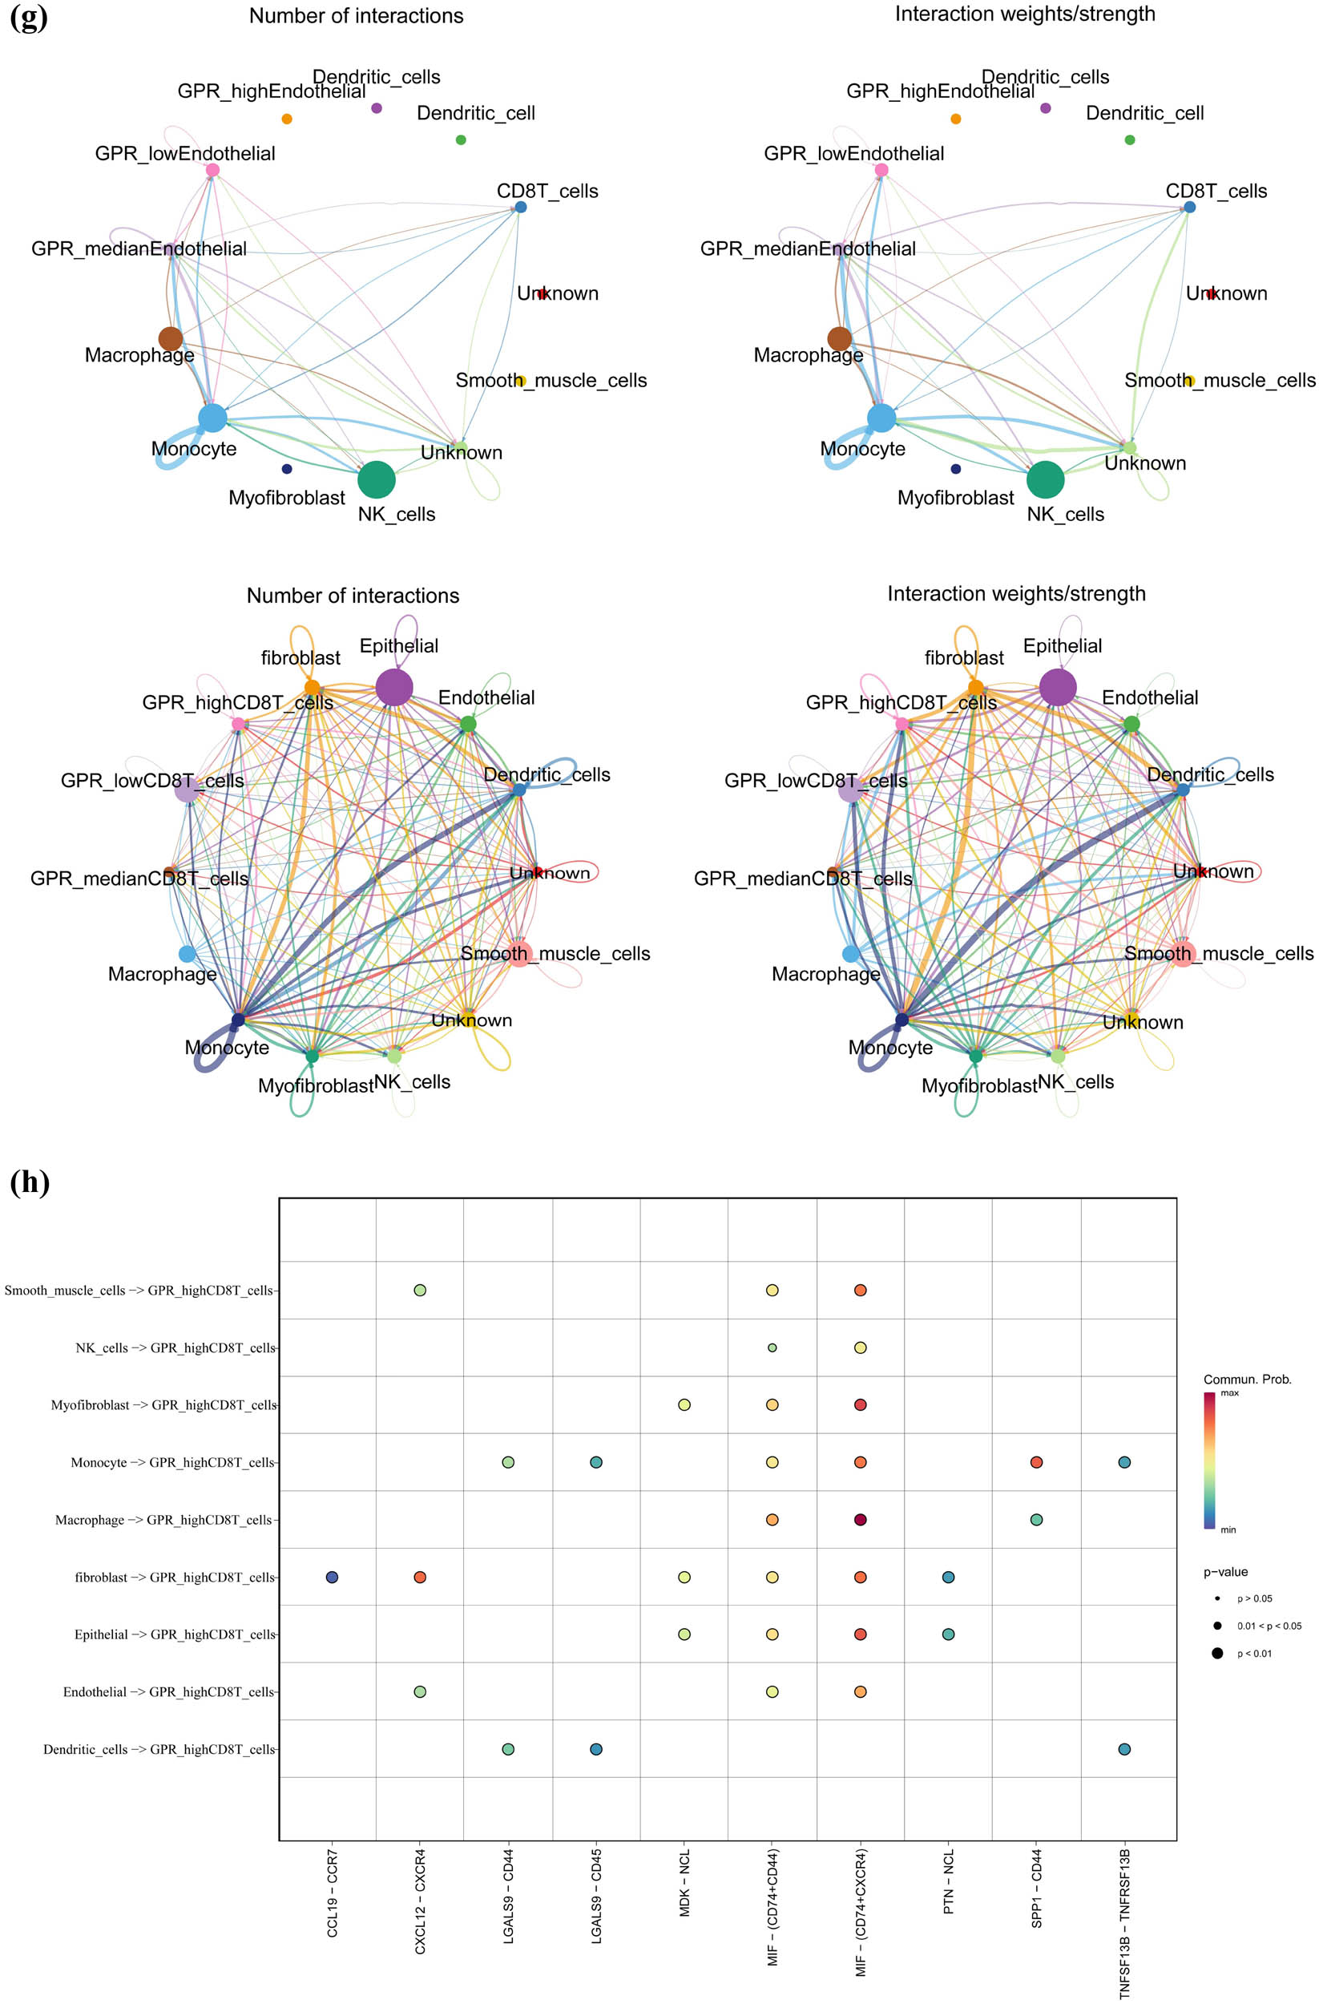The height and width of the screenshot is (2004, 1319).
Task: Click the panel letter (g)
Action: point(29,16)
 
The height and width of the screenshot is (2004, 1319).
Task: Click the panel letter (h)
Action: point(30,1182)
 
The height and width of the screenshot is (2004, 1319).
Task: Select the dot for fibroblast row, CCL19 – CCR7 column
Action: point(332,1576)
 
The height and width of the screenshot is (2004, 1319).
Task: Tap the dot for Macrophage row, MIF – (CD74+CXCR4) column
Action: point(859,1519)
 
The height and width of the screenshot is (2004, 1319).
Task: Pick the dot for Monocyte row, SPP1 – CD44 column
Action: point(1036,1462)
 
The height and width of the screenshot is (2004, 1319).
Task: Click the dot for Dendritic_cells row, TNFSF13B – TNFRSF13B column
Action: point(1123,1749)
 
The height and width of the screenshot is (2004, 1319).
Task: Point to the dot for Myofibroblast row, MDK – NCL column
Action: point(684,1404)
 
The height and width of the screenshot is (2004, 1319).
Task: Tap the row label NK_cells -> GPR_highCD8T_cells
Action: point(175,1347)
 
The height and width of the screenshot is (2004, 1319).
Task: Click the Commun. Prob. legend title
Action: point(1247,1380)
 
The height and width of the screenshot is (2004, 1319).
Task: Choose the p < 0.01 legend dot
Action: point(1217,1653)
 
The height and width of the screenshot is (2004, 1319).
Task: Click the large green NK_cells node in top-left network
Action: point(377,480)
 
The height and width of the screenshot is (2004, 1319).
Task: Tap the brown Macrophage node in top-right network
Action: point(839,338)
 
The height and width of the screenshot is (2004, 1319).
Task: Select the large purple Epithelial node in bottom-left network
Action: point(394,687)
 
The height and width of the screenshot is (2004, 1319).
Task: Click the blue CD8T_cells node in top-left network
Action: point(520,206)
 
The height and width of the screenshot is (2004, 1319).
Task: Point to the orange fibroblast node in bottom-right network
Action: point(975,687)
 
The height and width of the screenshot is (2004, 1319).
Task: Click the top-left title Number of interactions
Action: point(356,15)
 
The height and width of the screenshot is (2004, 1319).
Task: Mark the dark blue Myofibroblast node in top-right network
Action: point(955,468)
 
